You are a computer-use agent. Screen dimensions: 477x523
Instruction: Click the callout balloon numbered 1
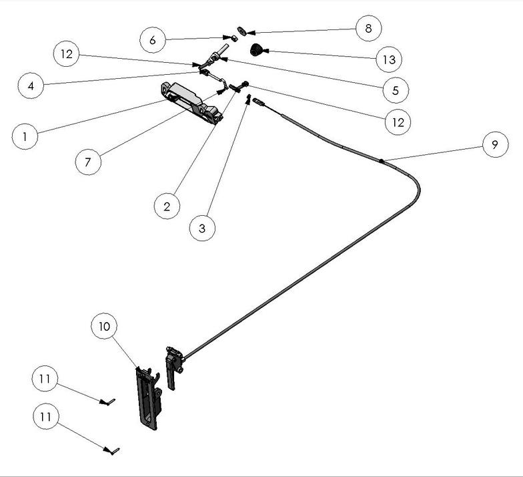coord(25,137)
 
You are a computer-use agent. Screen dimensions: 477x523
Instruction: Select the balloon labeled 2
coord(167,206)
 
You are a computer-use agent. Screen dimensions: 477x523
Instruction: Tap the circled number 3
coord(202,228)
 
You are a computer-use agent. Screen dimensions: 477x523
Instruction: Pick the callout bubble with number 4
coord(31,86)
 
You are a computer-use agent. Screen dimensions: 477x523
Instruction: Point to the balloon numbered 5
coord(396,90)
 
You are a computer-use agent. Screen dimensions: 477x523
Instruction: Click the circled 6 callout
coord(153,40)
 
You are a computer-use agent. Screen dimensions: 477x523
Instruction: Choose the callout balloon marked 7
coord(89,162)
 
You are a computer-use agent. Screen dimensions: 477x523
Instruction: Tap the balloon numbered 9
coord(495,144)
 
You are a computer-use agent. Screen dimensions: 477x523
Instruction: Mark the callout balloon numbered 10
coord(105,326)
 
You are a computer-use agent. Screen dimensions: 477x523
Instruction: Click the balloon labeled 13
coord(388,59)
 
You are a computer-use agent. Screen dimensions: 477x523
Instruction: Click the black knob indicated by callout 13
coord(255,49)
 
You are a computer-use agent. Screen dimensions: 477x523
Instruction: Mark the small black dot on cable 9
coord(380,161)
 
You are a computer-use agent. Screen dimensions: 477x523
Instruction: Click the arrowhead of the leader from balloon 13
coord(264,51)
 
